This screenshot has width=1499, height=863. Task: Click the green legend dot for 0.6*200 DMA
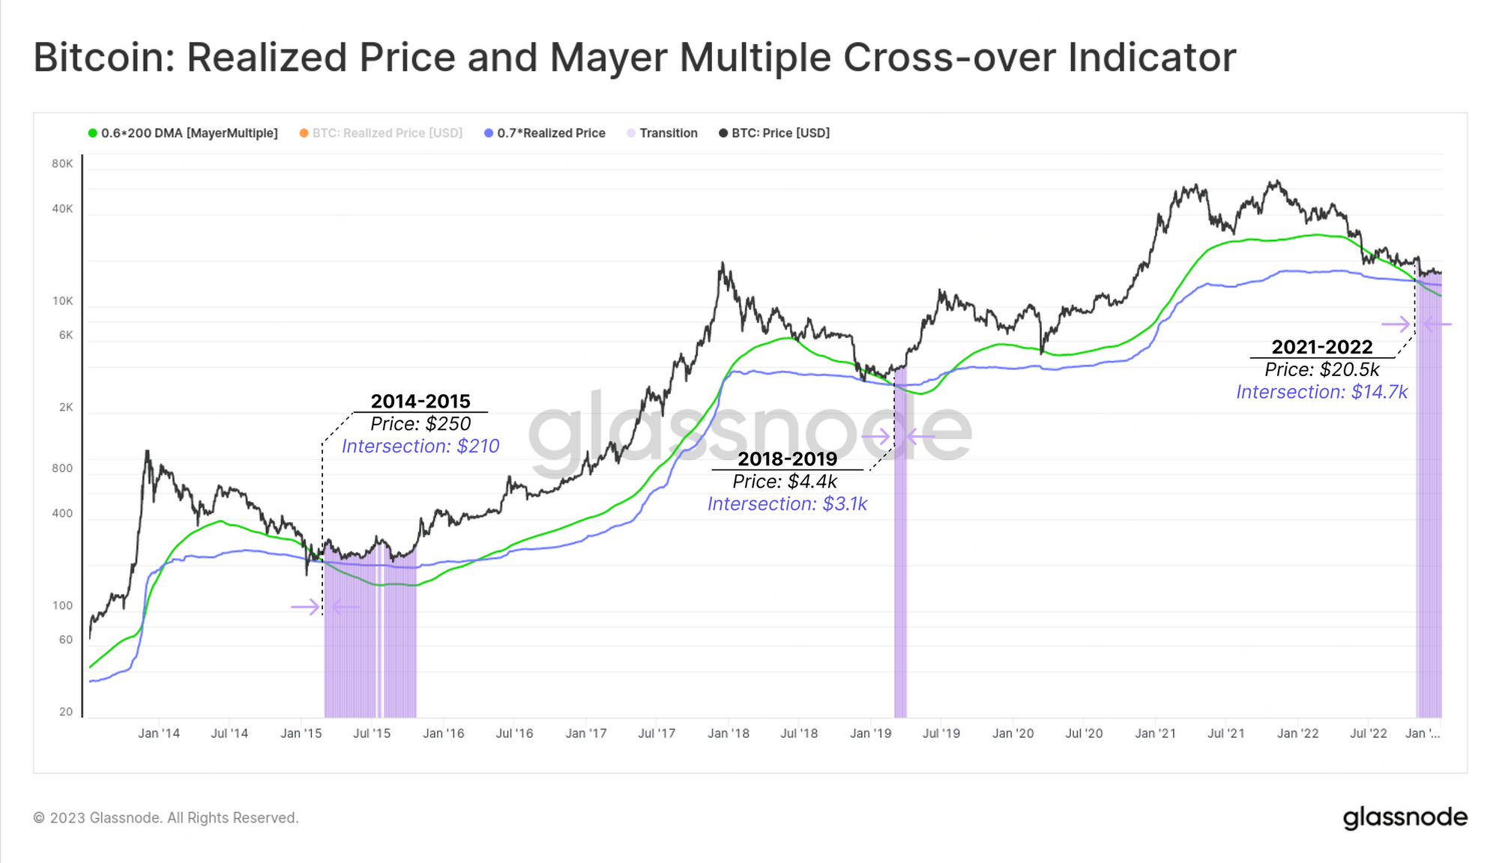point(93,133)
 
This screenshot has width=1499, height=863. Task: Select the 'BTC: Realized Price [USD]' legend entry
point(387,133)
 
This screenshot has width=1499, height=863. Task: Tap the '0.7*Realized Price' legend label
point(551,133)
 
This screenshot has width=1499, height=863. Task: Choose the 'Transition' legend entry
point(668,133)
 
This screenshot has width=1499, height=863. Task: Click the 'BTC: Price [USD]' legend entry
point(780,133)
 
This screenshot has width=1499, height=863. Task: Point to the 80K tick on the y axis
point(62,163)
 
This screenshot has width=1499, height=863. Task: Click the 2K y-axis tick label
point(66,408)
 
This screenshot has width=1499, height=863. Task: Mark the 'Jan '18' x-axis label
point(728,733)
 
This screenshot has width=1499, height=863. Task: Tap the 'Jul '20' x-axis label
point(1084,733)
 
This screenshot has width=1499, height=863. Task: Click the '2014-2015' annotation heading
point(420,402)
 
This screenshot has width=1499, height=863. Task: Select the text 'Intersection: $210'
point(420,446)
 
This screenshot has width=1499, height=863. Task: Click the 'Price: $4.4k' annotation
point(785,482)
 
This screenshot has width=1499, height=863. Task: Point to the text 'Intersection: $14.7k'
point(1321,393)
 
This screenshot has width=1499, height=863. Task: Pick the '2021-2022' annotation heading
point(1322,348)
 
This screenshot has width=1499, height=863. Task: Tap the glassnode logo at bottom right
point(1405,817)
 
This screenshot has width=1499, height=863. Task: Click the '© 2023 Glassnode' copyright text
point(166,818)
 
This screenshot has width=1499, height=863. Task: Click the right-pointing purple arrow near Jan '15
point(305,607)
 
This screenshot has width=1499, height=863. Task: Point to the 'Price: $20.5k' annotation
point(1322,370)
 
